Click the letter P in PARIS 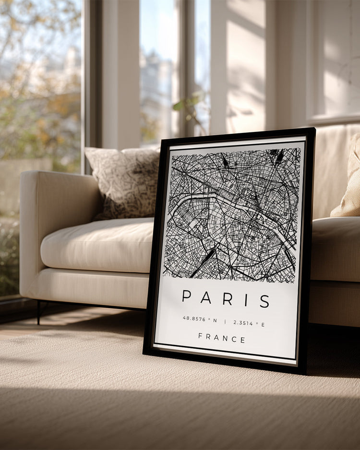tap(187, 296)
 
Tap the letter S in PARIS tap(264, 301)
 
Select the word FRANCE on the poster tap(222, 339)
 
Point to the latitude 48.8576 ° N tap(200, 319)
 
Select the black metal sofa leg tap(38, 312)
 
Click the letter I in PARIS tap(246, 300)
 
